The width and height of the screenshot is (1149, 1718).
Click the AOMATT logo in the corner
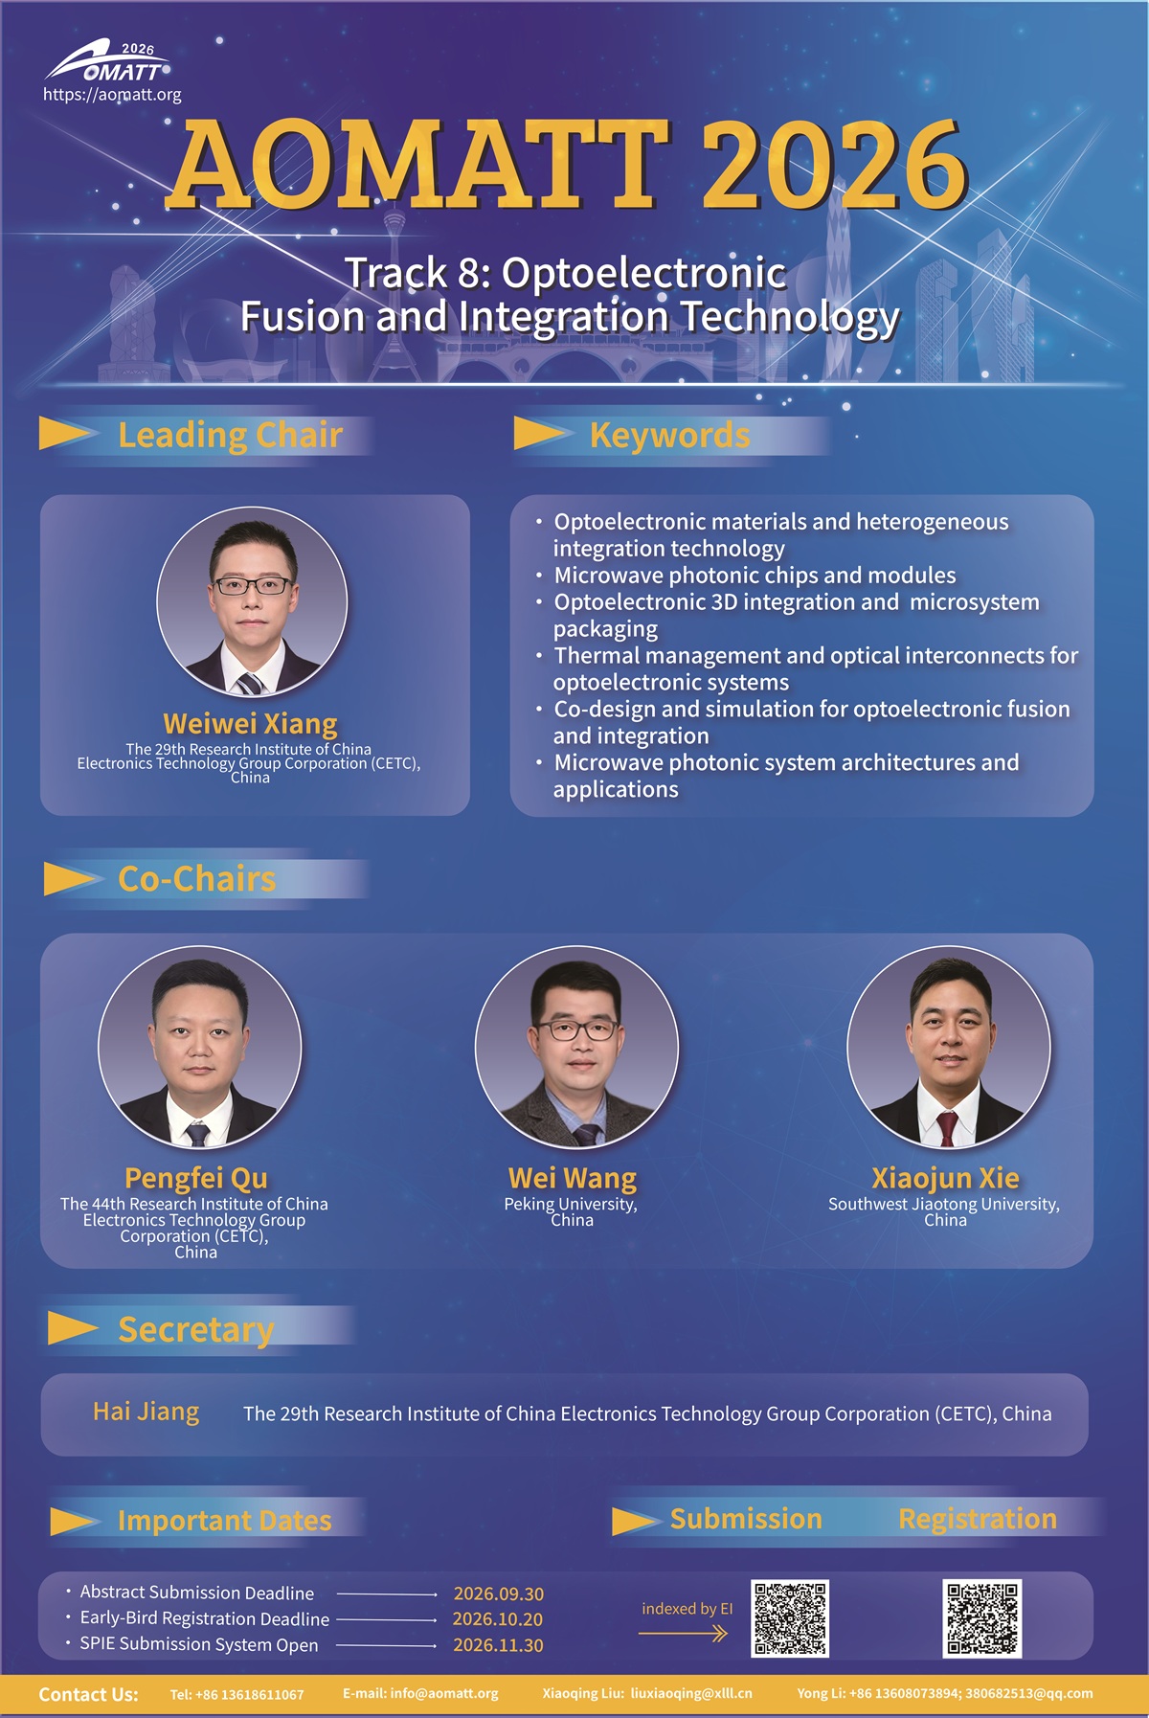[108, 62]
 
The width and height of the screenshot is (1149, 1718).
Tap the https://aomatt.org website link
[112, 95]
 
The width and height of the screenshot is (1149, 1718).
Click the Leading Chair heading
[230, 435]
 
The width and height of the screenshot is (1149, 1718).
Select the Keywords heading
[669, 435]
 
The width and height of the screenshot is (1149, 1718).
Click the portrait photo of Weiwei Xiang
[252, 601]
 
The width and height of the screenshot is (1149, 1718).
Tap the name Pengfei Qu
[196, 1178]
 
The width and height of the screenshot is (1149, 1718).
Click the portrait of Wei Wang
[576, 1048]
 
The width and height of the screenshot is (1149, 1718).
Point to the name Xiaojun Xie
[945, 1178]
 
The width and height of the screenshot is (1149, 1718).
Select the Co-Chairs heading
[196, 879]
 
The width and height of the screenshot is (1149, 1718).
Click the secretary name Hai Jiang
[146, 1412]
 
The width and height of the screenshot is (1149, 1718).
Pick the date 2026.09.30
[498, 1594]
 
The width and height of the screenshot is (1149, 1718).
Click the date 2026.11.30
[498, 1645]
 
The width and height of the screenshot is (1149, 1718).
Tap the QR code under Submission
[790, 1618]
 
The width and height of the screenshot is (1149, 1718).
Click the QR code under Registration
[982, 1618]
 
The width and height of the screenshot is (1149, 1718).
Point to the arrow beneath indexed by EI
[684, 1634]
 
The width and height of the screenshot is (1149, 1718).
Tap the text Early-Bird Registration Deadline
[204, 1618]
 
